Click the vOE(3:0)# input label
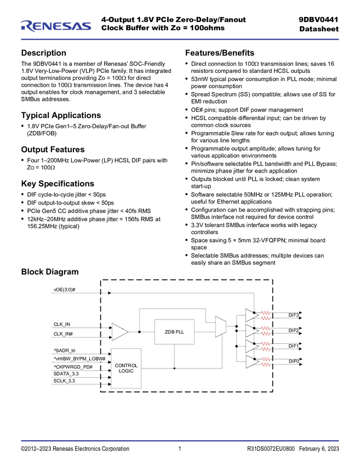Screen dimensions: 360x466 pyautogui.click(x=64, y=289)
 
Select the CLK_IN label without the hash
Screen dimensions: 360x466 pyautogui.click(x=61, y=324)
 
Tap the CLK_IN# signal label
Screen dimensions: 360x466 pyautogui.click(x=63, y=333)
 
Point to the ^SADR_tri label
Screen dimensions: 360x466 pyautogui.click(x=64, y=349)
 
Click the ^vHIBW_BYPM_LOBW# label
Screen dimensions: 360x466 pyautogui.click(x=79, y=358)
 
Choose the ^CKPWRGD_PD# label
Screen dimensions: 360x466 pyautogui.click(x=73, y=366)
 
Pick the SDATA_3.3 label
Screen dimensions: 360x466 pyautogui.click(x=66, y=373)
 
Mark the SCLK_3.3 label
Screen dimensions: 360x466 pyautogui.click(x=64, y=380)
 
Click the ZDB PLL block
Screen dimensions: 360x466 pyautogui.click(x=174, y=332)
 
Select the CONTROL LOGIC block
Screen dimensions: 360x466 pyautogui.click(x=126, y=368)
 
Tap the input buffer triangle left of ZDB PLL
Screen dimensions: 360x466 pyautogui.click(x=119, y=332)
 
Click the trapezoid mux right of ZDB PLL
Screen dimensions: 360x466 pyautogui.click(x=221, y=327)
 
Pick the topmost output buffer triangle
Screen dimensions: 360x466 pyautogui.click(x=251, y=315)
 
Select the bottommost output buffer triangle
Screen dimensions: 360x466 pyautogui.click(x=251, y=362)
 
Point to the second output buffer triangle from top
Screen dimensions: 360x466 pyautogui.click(x=251, y=331)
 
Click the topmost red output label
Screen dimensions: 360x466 pyautogui.click(x=266, y=315)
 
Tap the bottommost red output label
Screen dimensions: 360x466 pyautogui.click(x=266, y=362)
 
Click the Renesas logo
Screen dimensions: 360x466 pyautogui.click(x=56, y=25)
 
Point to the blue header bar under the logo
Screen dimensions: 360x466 pyautogui.click(x=180, y=39)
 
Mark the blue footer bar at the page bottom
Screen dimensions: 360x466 pyautogui.click(x=180, y=440)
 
